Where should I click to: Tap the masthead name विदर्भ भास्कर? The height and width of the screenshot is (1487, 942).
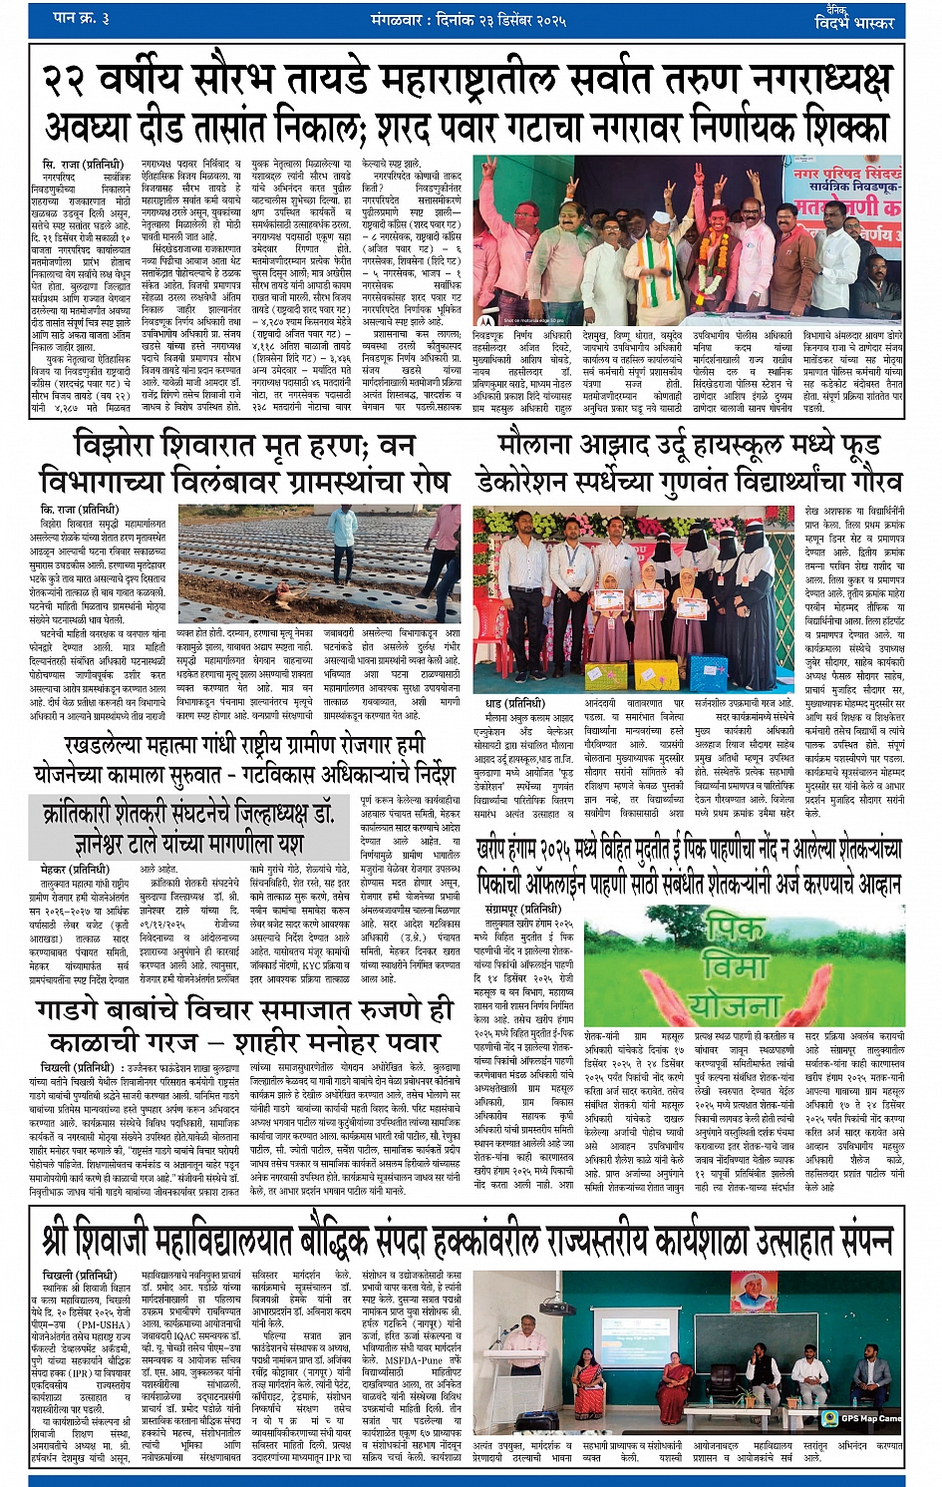coord(854,23)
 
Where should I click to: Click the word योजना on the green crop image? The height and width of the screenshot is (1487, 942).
coord(736,1004)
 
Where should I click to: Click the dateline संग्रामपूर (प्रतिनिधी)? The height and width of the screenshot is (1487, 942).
coord(524,910)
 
